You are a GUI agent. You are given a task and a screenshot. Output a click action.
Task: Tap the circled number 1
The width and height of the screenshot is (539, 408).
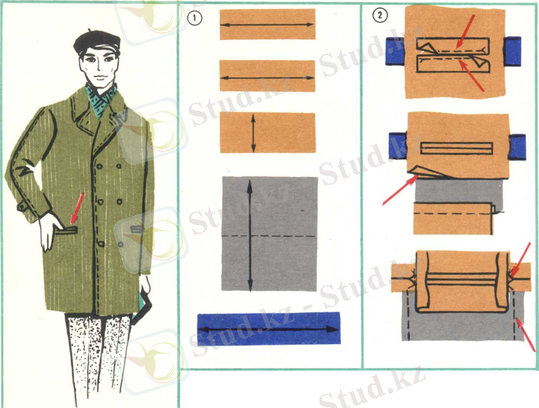[x=195, y=18]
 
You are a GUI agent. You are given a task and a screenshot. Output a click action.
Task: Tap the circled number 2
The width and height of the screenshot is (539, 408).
[x=380, y=15]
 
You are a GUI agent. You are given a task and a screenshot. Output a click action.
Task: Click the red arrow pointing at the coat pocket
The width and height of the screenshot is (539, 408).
[x=77, y=209]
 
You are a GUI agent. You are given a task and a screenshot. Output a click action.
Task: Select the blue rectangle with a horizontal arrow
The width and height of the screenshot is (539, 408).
[x=268, y=328]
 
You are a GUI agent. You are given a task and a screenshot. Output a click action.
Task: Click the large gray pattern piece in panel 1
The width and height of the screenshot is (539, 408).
[x=270, y=234]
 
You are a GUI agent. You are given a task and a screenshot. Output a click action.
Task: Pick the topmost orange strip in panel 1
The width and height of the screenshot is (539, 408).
[x=267, y=24]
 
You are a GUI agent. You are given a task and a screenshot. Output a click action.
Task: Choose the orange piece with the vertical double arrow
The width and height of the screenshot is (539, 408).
[x=268, y=133]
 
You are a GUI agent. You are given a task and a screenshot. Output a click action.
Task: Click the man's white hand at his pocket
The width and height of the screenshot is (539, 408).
[x=50, y=231]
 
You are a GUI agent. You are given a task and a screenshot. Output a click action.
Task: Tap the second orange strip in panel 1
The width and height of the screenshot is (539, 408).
[x=267, y=76]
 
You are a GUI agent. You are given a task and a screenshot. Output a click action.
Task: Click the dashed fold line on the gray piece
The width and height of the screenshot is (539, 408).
[x=268, y=237]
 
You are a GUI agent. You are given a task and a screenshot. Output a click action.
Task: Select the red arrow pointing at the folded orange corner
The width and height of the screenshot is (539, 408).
[x=400, y=190]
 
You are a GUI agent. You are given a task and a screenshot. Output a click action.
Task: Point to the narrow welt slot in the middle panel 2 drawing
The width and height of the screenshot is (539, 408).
[x=457, y=148]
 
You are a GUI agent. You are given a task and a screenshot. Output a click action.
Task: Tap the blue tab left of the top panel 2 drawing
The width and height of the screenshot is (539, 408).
[x=395, y=51]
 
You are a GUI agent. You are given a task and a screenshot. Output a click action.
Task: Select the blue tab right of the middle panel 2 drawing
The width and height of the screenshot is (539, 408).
[x=517, y=147]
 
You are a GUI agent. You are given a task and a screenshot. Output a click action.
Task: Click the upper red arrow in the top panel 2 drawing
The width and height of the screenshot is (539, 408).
[x=466, y=31]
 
